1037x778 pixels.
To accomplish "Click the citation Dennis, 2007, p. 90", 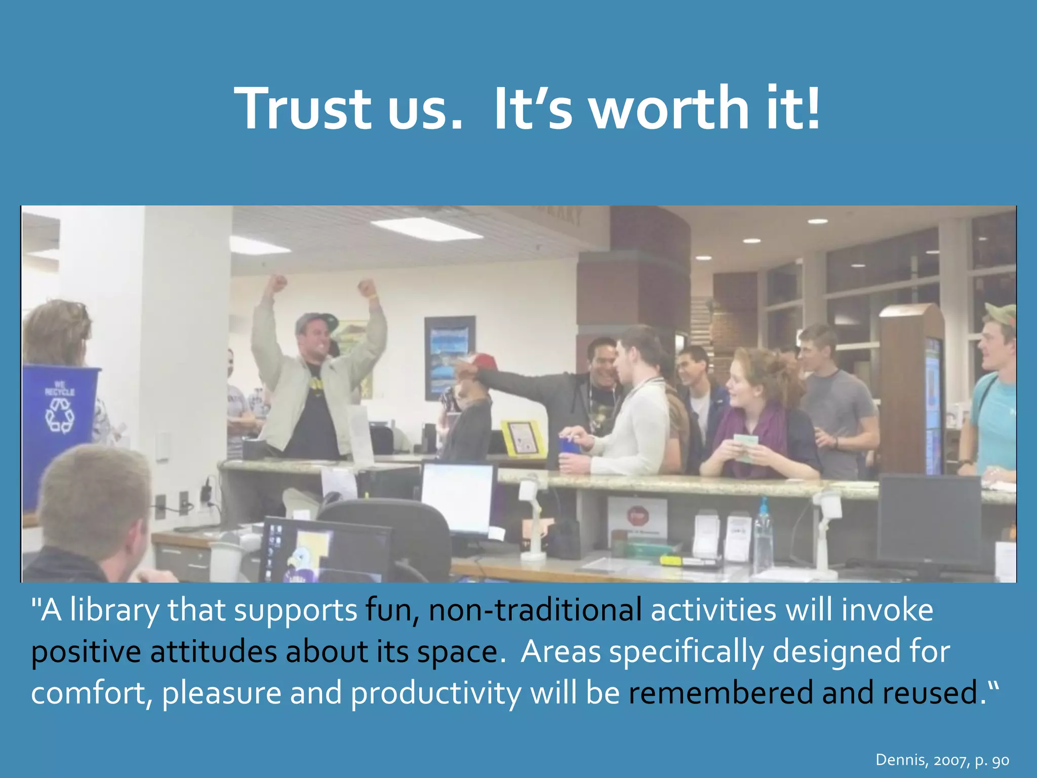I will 942,760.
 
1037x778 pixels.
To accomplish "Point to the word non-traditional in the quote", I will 535,610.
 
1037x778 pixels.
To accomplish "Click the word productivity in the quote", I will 435,694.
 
